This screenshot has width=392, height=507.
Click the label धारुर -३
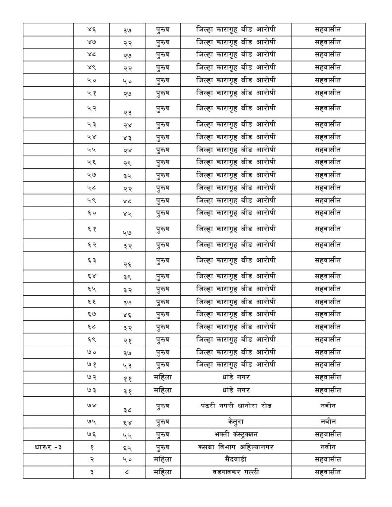coord(48,447)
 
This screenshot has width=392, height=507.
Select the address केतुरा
coord(235,421)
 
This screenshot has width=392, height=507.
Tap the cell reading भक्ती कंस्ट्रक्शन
coord(235,434)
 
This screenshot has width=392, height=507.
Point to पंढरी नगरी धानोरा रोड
coord(235,406)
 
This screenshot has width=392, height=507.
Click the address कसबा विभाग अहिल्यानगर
coord(235,447)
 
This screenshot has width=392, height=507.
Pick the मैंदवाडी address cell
coord(235,459)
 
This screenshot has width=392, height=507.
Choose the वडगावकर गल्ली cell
coord(235,472)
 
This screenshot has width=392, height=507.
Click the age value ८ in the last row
coord(127,472)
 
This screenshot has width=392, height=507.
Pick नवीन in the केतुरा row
coord(328,421)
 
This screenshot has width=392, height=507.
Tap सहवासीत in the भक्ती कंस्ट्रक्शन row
coord(328,434)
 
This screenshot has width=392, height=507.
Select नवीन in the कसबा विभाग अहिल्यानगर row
coord(328,447)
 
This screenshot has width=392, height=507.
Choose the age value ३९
coord(127,276)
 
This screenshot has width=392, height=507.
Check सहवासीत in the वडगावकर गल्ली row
coord(328,472)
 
